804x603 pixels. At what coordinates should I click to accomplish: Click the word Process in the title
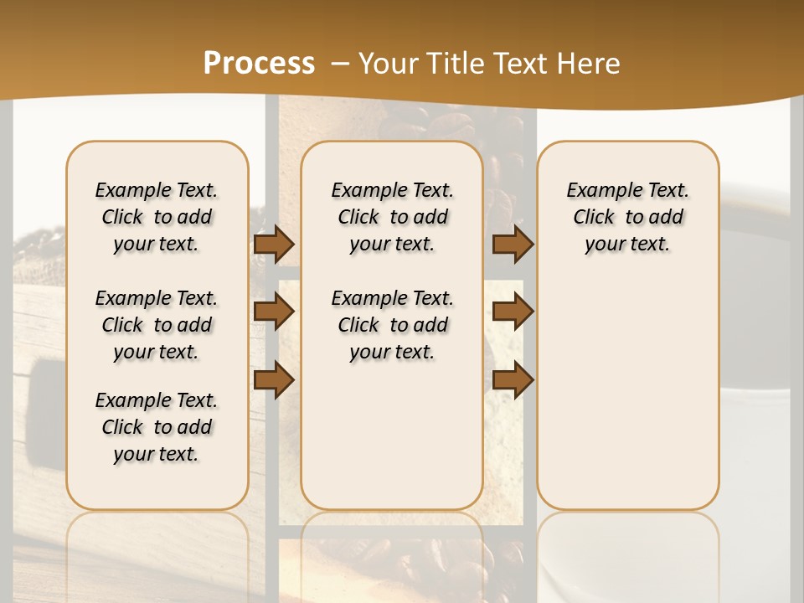(x=259, y=63)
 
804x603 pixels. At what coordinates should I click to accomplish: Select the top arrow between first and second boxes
(x=274, y=245)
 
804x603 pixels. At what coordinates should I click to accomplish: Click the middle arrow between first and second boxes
(x=274, y=312)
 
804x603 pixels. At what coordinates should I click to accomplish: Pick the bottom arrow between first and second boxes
(x=274, y=379)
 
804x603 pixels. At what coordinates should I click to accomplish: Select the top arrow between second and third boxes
(x=513, y=245)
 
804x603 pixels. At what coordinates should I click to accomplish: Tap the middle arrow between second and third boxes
(x=513, y=312)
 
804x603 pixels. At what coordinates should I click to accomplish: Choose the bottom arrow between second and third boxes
(x=513, y=379)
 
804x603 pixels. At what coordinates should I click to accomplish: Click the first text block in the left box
(x=157, y=217)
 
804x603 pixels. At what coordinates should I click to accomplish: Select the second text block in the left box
(x=157, y=325)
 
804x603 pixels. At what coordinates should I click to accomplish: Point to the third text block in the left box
(x=157, y=427)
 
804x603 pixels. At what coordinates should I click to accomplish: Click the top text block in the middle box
(x=392, y=217)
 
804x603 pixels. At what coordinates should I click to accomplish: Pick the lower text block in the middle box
(x=392, y=325)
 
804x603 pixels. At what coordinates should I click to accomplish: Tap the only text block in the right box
(x=627, y=217)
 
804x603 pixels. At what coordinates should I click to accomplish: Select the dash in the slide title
(x=340, y=63)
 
